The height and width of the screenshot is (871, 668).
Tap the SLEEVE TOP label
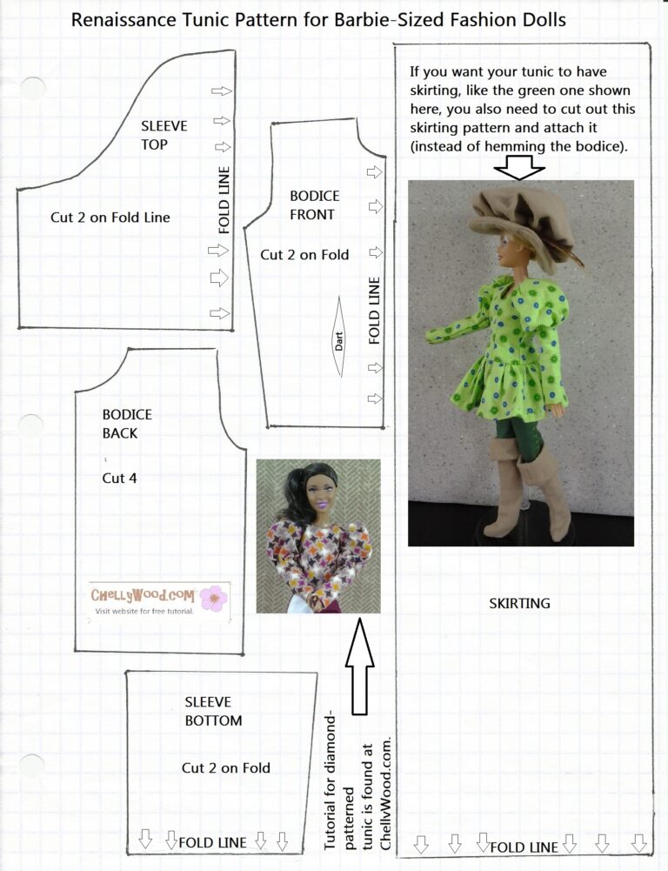(164, 136)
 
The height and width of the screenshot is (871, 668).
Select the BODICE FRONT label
(314, 205)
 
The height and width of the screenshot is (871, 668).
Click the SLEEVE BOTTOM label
(213, 710)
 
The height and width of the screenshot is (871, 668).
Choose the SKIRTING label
(519, 603)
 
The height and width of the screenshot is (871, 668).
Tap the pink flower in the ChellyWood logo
(212, 598)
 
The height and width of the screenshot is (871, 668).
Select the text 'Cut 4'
(120, 478)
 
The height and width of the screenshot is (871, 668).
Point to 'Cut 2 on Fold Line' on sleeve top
(110, 218)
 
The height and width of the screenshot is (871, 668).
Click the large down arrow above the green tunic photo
(519, 165)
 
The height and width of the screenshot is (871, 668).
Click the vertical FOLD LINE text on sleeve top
(224, 201)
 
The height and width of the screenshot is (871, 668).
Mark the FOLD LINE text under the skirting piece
(524, 847)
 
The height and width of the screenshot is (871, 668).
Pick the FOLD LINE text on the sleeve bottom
(212, 842)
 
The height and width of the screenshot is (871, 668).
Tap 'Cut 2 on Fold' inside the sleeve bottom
(226, 767)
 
